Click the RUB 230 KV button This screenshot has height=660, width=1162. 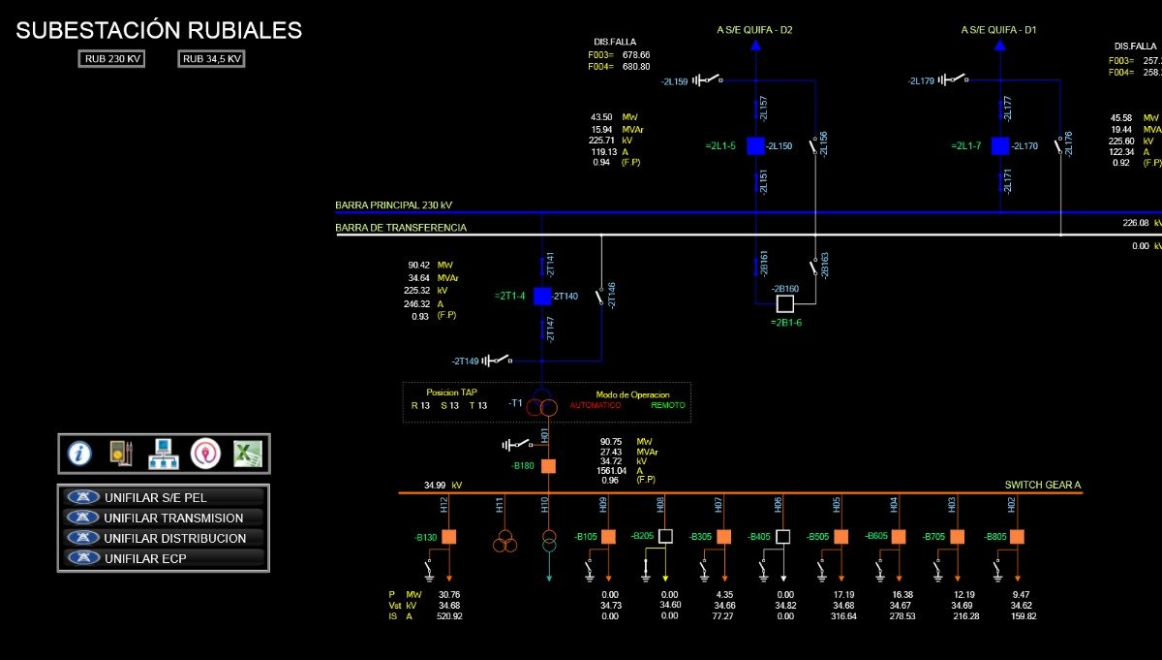click(x=112, y=59)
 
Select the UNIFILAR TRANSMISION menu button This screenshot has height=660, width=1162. click(x=162, y=519)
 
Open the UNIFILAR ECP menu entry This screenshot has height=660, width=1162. click(x=162, y=558)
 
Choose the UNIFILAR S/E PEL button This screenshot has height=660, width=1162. click(x=162, y=497)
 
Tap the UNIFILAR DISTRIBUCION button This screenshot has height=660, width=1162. click(x=162, y=538)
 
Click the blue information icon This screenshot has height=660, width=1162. click(x=79, y=453)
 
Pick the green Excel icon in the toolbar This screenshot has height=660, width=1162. click(x=248, y=453)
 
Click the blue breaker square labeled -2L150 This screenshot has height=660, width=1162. click(x=755, y=146)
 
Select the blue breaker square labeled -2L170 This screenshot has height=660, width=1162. click(x=1000, y=146)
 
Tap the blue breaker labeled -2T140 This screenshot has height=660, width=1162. click(x=542, y=296)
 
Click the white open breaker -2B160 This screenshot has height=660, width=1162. click(x=784, y=304)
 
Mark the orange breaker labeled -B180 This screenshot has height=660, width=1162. click(x=548, y=466)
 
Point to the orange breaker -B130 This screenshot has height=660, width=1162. click(x=448, y=537)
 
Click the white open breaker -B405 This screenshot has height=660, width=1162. click(x=782, y=537)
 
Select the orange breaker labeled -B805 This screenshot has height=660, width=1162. click(x=1017, y=537)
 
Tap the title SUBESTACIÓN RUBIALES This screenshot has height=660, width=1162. click(x=159, y=30)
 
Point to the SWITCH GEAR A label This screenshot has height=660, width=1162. click(x=1042, y=485)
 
